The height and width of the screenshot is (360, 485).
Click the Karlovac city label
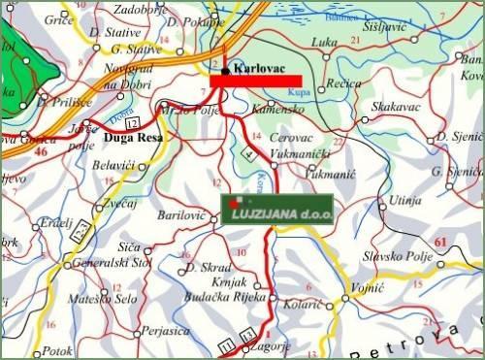257,69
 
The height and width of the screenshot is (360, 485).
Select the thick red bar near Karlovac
256,82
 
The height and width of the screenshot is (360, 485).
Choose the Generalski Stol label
113,263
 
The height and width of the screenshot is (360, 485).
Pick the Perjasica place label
162,331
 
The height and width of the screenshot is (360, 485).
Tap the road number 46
41,151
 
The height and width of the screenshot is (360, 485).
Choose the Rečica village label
343,85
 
